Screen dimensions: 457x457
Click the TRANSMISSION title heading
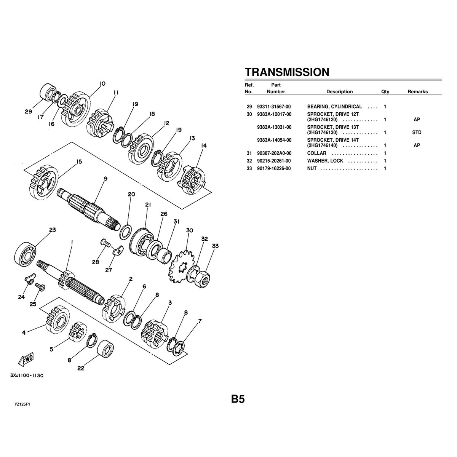[x=287, y=72]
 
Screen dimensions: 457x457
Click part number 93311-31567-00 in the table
[x=274, y=107]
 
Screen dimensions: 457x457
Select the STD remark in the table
[x=417, y=132]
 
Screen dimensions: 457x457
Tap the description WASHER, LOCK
[x=325, y=161]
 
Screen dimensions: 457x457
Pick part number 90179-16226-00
[x=274, y=169]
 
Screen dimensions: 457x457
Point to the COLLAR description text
[x=316, y=153]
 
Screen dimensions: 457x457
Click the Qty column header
[x=385, y=92]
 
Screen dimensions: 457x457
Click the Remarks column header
[x=418, y=92]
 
